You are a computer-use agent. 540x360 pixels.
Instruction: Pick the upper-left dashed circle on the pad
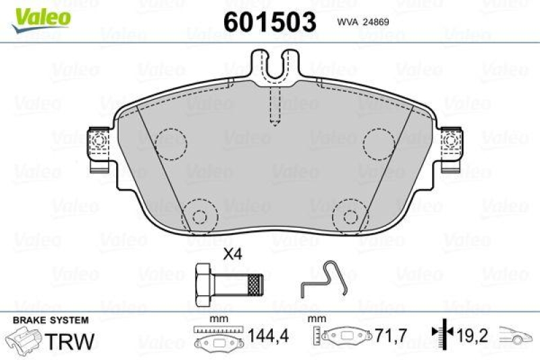pos(169,143)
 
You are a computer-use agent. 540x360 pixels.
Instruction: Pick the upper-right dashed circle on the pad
pos(379,143)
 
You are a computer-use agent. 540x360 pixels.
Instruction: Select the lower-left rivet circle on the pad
pos(200,216)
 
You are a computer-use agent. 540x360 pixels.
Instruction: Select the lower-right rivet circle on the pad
pos(350,216)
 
